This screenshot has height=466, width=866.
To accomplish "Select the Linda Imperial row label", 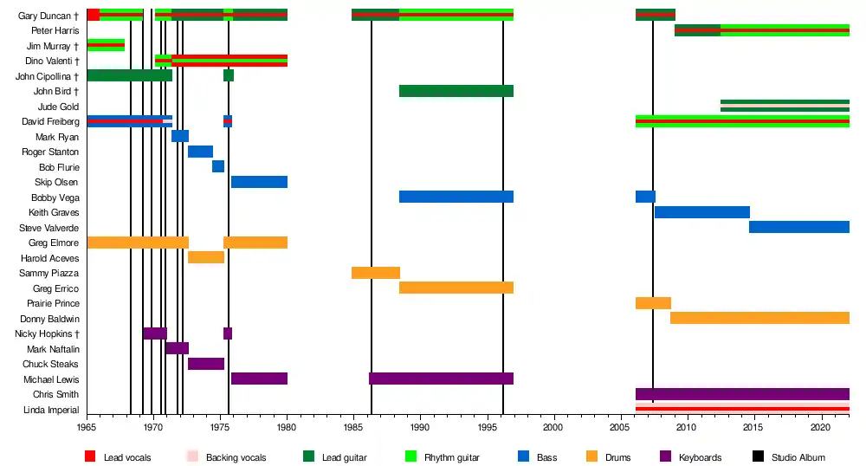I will (x=51, y=410).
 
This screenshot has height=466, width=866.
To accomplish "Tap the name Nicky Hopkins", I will (x=47, y=333).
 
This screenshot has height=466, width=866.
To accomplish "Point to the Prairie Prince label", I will (x=54, y=303).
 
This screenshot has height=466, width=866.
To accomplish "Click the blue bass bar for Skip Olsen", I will (x=259, y=182).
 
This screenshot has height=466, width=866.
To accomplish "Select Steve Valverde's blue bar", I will (x=798, y=227).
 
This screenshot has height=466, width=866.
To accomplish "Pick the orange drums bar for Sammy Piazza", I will (x=375, y=273).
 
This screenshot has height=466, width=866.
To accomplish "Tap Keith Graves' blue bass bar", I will (x=701, y=212).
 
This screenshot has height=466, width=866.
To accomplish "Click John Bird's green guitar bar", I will (x=456, y=91).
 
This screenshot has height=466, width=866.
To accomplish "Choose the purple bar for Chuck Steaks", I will (x=205, y=364).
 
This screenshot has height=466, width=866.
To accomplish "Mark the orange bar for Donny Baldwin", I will (x=759, y=318).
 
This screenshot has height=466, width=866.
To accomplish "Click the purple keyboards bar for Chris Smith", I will (x=742, y=394).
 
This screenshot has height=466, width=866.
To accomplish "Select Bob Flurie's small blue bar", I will (x=218, y=166).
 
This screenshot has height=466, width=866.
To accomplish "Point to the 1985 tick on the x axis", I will (x=352, y=427).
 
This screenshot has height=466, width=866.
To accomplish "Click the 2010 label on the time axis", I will (x=686, y=427).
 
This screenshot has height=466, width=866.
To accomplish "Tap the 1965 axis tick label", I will (x=87, y=427).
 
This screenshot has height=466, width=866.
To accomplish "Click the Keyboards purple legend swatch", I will (x=665, y=456).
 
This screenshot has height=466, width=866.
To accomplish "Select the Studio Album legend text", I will (x=798, y=457).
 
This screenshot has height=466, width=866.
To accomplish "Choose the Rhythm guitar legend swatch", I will (x=410, y=456).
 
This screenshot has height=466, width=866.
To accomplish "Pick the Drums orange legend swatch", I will (x=592, y=456).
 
